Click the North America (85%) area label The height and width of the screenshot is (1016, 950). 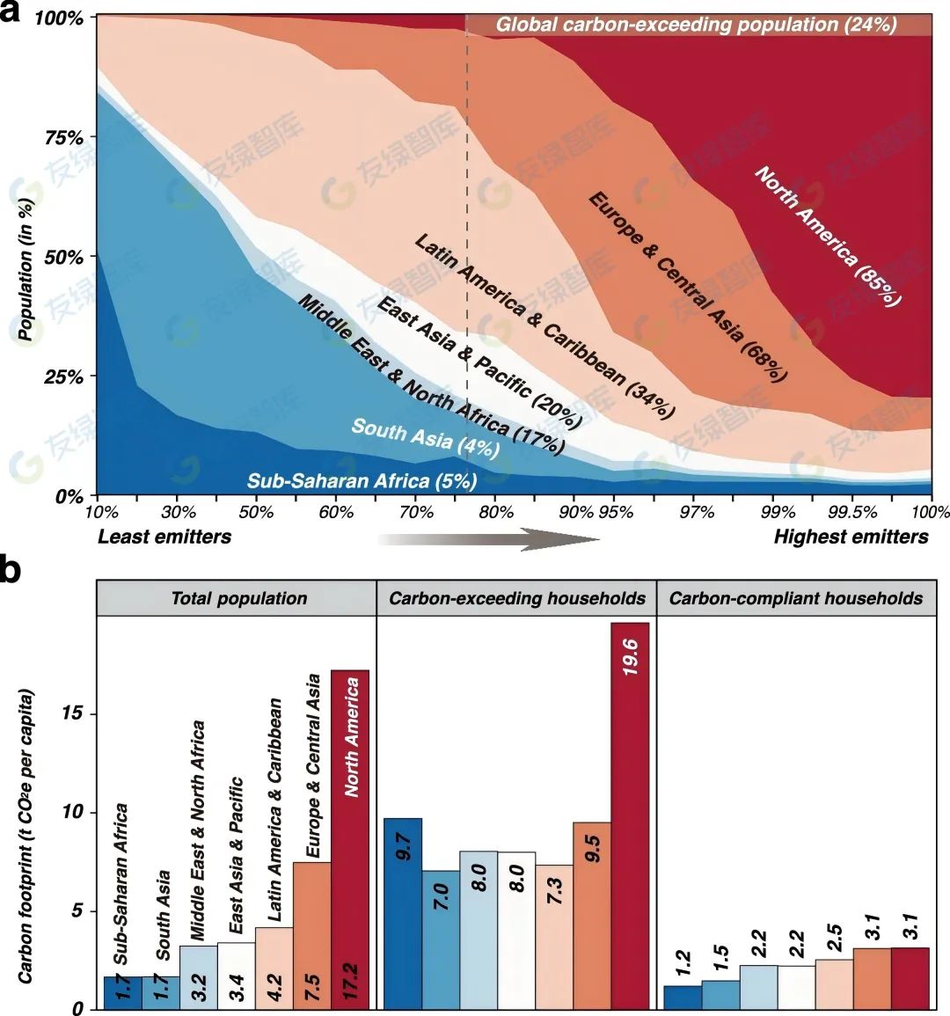click(828, 236)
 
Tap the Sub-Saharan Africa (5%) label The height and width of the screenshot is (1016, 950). click(362, 480)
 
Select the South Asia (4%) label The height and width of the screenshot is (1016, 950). click(426, 438)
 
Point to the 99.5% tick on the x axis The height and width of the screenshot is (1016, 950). click(851, 512)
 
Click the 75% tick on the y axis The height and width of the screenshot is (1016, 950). click(64, 138)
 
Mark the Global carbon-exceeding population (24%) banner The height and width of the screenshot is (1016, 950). click(697, 25)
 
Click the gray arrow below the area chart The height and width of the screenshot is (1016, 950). click(487, 538)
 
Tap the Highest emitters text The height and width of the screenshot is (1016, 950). click(851, 537)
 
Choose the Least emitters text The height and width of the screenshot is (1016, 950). click(164, 537)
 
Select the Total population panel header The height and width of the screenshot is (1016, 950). click(238, 599)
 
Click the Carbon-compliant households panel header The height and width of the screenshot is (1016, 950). click(796, 599)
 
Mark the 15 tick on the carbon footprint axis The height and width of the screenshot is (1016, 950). click(77, 713)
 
